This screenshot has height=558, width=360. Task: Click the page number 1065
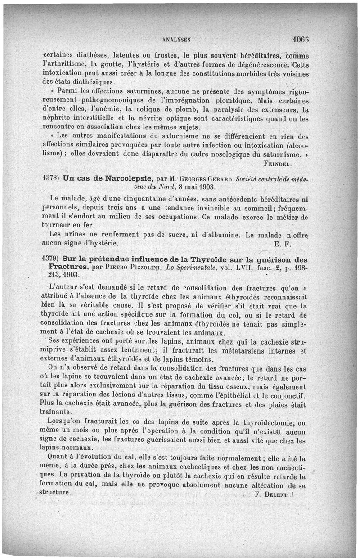pos(299,39)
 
